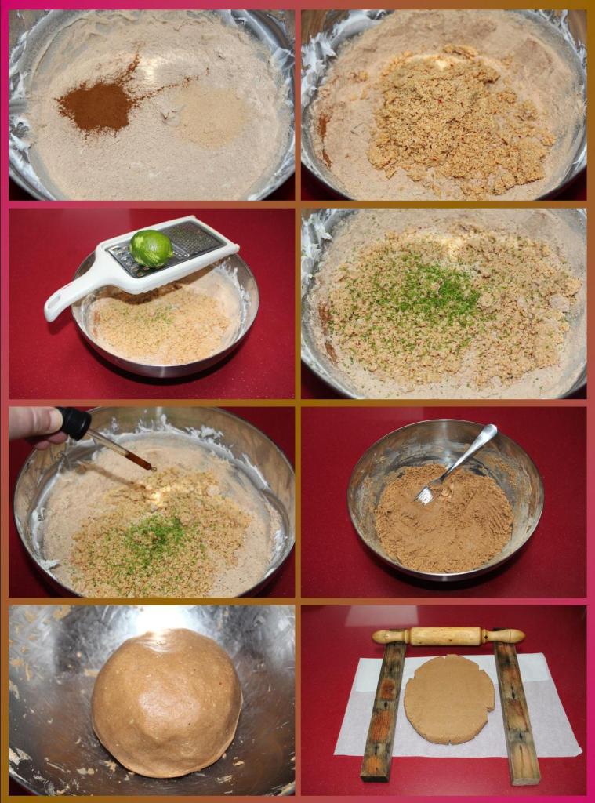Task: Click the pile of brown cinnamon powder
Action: pos(98,105)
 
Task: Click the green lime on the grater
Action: pos(151,248)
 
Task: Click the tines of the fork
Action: pos(426,493)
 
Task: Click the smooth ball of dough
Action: pos(166,701)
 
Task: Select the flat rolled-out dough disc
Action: pos(449,698)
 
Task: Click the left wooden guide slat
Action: pos(384,710)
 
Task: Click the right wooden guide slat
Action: pos(516,710)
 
